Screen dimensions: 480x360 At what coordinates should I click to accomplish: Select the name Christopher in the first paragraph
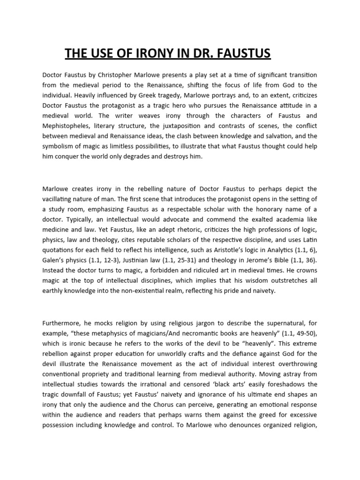click(x=123, y=75)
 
